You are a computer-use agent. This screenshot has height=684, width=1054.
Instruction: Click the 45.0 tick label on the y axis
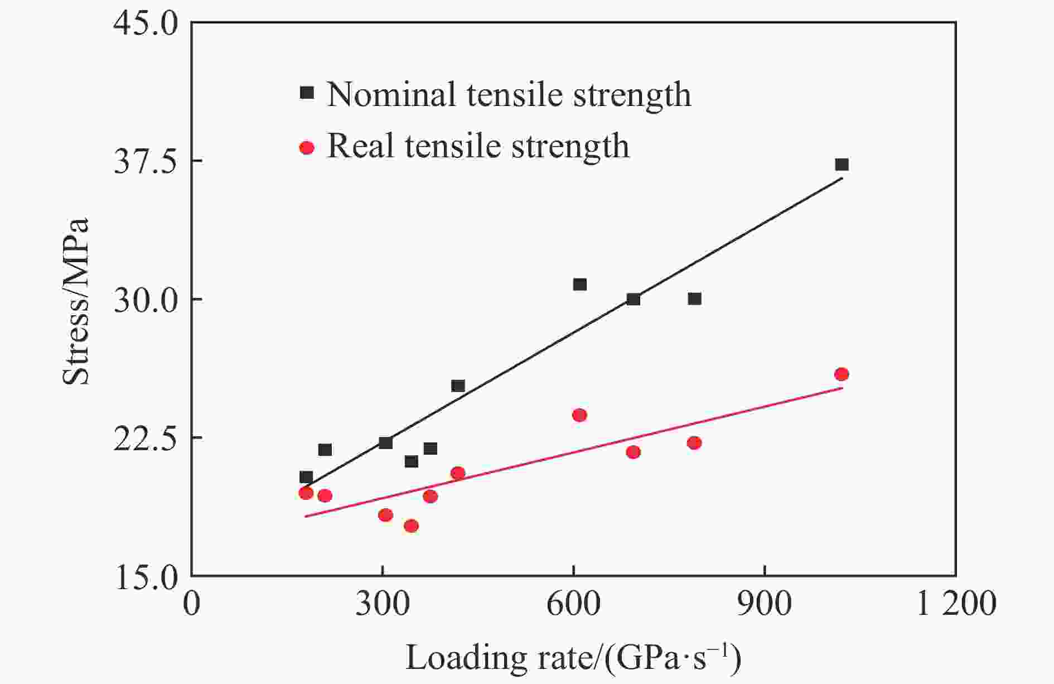(x=146, y=23)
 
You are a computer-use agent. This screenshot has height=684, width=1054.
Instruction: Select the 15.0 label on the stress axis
(x=146, y=577)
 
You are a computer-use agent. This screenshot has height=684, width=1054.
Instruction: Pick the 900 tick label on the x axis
(x=764, y=604)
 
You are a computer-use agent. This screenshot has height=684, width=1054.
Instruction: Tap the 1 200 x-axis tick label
(x=956, y=604)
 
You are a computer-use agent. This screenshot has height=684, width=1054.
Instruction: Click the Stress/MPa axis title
(x=76, y=301)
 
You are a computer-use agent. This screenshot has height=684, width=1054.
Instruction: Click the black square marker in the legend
(x=307, y=92)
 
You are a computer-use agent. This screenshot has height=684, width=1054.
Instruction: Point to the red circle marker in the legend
(x=307, y=147)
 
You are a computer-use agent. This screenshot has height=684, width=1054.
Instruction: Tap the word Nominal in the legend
(x=392, y=94)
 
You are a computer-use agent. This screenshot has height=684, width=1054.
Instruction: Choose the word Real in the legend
(x=360, y=146)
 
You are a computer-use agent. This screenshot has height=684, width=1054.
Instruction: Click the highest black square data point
(x=842, y=164)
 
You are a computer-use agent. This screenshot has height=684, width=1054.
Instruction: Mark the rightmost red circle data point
(x=842, y=374)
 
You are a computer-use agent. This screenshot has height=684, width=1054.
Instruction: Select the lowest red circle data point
(x=411, y=526)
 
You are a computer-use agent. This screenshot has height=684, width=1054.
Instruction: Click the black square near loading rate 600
(x=580, y=285)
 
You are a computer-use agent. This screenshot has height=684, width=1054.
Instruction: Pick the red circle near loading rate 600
(x=579, y=415)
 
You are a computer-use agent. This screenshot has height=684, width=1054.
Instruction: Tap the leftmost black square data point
(x=306, y=477)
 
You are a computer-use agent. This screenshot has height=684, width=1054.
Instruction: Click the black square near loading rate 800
(x=694, y=298)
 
